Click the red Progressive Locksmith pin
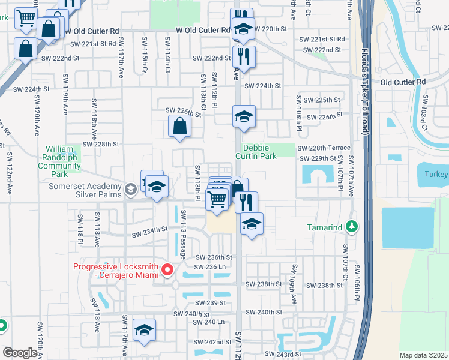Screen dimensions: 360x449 pyautogui.click(x=167, y=271)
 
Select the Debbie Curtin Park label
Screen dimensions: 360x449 pyautogui.click(x=259, y=152)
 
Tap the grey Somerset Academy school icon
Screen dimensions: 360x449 pyautogui.click(x=130, y=190)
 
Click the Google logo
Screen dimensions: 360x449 pyautogui.click(x=20, y=353)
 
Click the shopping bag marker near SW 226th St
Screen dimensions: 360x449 pyautogui.click(x=179, y=127)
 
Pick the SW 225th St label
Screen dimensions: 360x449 pyautogui.click(x=322, y=100)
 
